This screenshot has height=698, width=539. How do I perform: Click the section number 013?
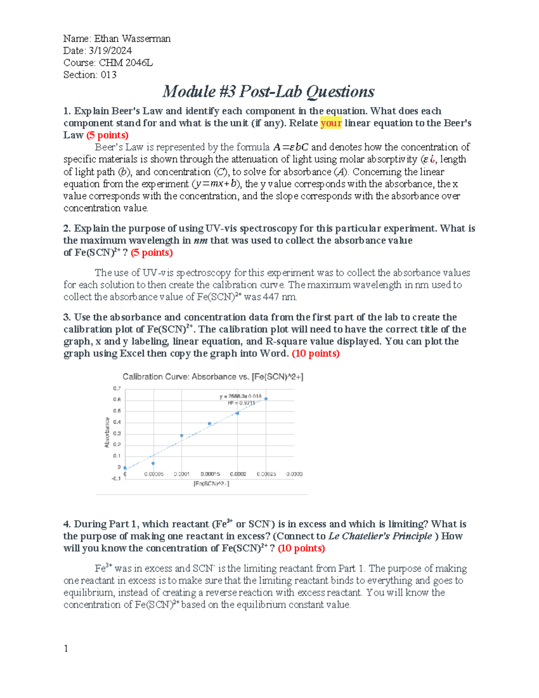tap(109, 75)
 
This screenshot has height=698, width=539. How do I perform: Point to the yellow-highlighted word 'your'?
tap(331, 123)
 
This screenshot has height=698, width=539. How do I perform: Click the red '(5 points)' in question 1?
tap(107, 135)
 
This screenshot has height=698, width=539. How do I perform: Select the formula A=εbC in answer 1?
tap(291, 147)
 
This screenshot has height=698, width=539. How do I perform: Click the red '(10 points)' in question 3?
tap(316, 354)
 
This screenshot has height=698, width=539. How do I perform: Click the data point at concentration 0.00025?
tap(266, 399)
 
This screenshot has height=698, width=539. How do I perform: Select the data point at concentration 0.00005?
tap(153, 463)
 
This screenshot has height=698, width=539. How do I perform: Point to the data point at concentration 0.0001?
tap(181, 436)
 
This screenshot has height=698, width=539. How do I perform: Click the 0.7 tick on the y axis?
tap(117, 388)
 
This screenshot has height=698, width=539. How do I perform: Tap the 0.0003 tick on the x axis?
tap(294, 474)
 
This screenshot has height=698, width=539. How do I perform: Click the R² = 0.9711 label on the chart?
tap(241, 403)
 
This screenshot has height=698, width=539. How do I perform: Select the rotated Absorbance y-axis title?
tap(107, 432)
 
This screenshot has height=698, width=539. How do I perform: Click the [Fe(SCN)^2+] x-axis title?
tap(211, 484)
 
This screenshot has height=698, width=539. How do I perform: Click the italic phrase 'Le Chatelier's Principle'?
tap(380, 536)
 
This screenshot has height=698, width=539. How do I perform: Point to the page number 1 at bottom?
tap(66, 649)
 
